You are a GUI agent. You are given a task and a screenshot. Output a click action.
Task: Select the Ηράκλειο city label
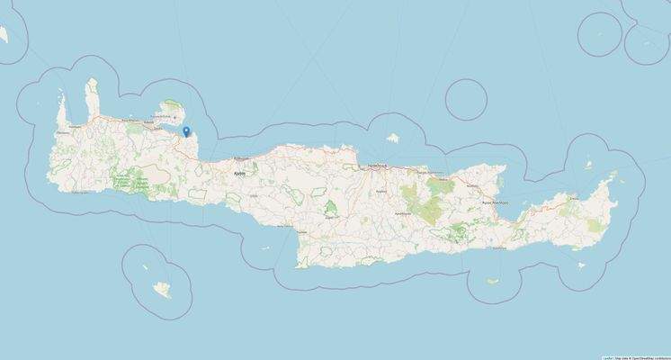point(376,166)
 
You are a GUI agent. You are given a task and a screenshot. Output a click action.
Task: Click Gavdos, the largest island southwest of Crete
point(163,289)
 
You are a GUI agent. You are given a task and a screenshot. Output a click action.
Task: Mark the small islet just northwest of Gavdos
point(141,266)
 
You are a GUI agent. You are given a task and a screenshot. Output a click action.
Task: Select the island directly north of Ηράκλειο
point(392,139)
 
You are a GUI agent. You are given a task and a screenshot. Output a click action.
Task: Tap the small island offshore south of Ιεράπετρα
point(493,281)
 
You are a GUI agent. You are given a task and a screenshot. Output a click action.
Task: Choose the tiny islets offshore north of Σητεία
point(587,166)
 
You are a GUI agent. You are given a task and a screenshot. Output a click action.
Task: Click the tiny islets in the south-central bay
point(266,251)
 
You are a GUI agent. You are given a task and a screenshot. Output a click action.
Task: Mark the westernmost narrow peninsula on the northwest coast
point(62,112)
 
